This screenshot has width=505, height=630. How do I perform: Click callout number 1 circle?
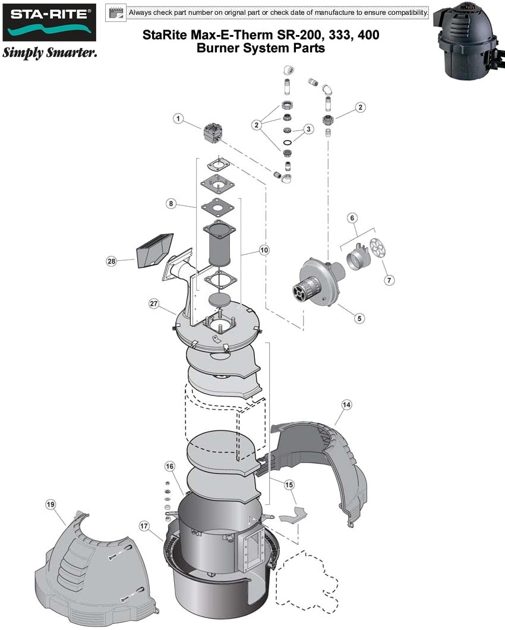177,118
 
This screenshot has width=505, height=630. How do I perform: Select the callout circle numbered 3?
308,129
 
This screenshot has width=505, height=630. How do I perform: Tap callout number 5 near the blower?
359,318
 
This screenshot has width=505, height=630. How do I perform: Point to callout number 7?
389,280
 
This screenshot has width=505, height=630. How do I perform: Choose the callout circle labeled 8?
171,204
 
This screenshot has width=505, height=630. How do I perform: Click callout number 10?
264,251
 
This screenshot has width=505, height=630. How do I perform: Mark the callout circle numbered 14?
346,405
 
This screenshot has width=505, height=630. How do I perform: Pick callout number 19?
50,505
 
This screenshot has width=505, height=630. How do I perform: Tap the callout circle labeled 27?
154,303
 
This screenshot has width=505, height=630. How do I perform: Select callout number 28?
111,261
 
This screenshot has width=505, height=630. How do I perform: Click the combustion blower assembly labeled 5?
318,283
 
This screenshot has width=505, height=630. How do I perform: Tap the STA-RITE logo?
49,23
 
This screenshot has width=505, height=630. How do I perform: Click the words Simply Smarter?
49,53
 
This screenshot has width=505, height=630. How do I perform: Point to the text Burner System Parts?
260,49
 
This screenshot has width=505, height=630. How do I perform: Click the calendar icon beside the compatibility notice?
116,12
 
